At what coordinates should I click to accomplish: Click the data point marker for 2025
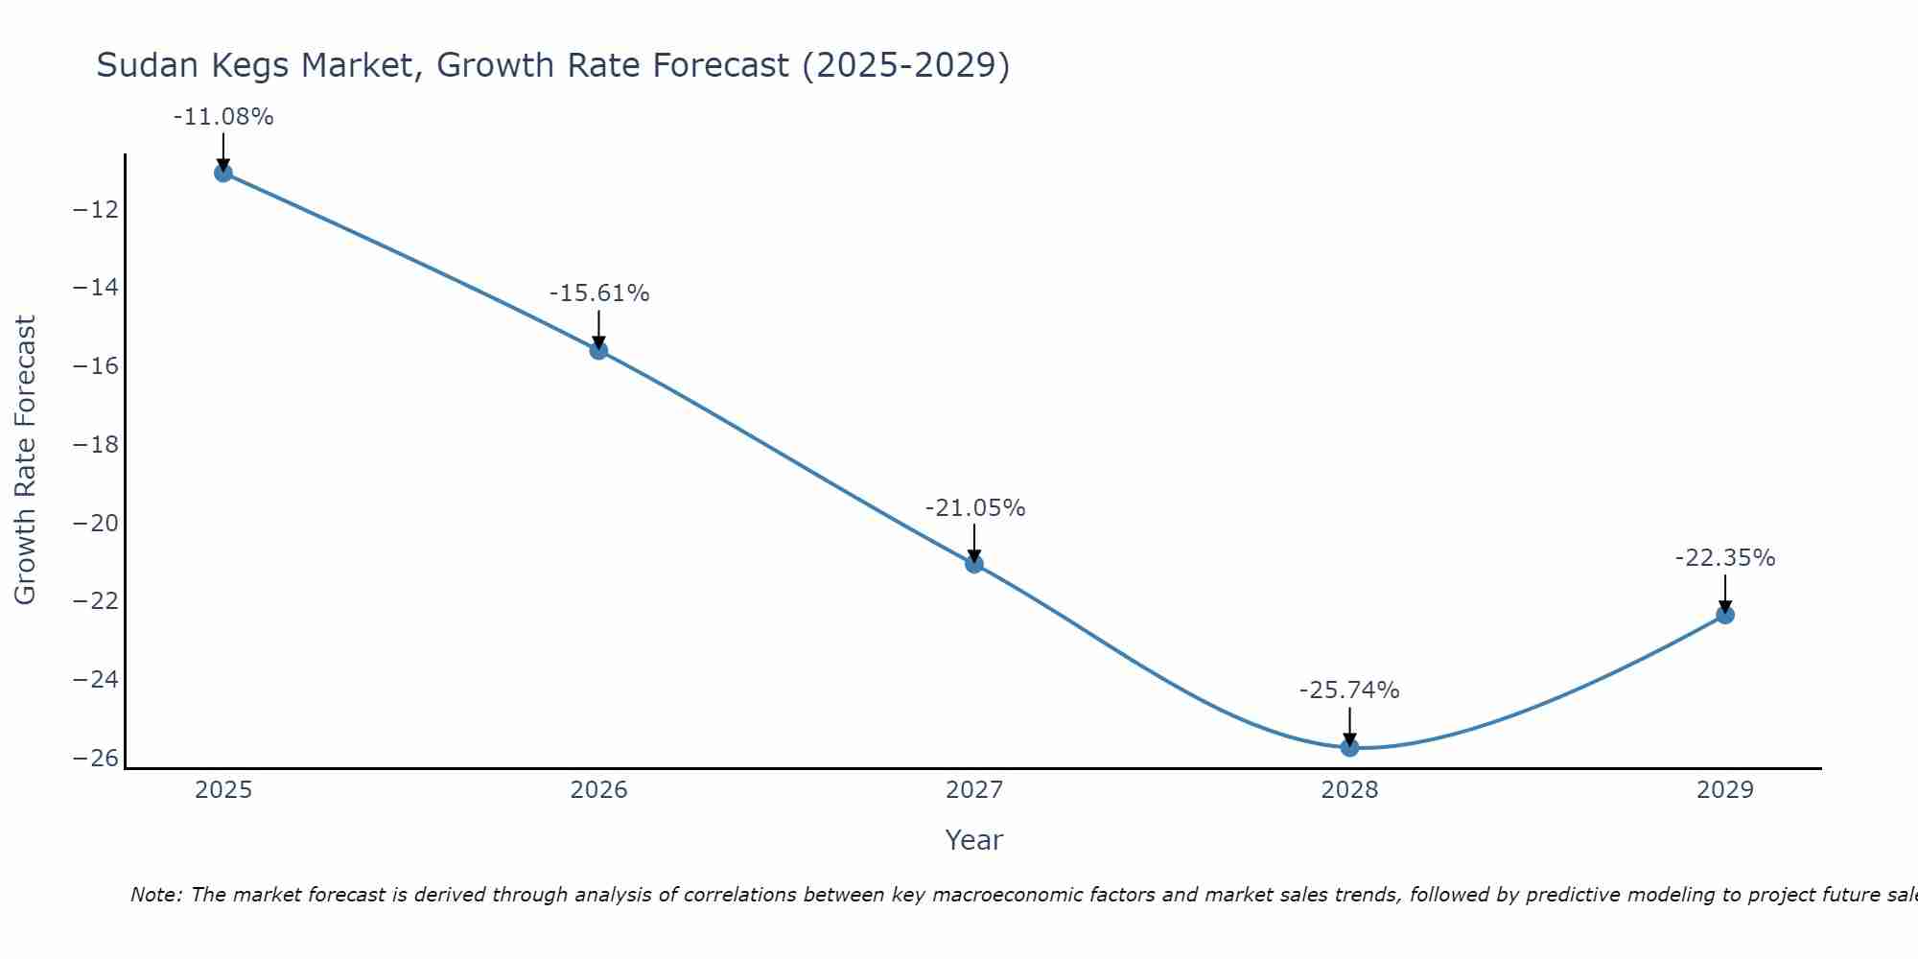[x=223, y=173]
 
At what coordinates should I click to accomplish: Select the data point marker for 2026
[x=598, y=350]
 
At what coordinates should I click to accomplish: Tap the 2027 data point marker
[x=974, y=564]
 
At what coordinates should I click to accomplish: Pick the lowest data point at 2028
[x=1349, y=747]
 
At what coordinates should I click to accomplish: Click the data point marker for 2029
[x=1725, y=615]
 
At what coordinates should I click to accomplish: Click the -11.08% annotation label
[x=223, y=117]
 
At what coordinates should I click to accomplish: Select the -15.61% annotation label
[x=599, y=293]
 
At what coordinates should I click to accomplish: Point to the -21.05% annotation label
[x=975, y=508]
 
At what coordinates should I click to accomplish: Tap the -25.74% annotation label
[x=1349, y=690]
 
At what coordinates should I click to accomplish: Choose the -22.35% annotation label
[x=1725, y=558]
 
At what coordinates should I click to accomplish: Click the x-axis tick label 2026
[x=598, y=790]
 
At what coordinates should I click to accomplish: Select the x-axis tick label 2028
[x=1349, y=790]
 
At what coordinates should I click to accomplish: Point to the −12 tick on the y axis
[x=96, y=210]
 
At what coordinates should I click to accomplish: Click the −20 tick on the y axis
[x=96, y=524]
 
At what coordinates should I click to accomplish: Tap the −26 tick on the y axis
[x=96, y=759]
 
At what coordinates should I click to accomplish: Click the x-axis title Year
[x=973, y=840]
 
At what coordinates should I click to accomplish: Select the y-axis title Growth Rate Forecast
[x=25, y=460]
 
